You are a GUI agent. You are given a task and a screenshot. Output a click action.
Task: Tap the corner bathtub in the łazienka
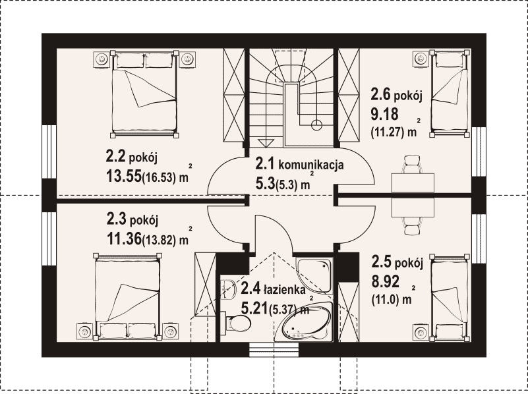304,322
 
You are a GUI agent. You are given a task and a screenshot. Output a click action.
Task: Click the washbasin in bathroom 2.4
229,289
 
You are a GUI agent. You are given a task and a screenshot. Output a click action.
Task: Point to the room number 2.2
115,156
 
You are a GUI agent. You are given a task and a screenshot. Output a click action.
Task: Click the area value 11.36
124,239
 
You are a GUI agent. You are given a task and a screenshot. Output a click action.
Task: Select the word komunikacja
311,165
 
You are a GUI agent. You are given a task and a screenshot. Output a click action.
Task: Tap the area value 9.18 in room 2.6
384,114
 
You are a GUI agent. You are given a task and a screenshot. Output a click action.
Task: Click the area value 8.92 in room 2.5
386,281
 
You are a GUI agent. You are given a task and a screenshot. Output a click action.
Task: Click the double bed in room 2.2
144,94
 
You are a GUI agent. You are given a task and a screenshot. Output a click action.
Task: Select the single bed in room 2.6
449,93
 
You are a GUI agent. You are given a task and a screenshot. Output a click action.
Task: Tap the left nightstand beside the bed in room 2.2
101,59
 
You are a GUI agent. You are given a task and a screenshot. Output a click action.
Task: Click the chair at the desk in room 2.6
413,164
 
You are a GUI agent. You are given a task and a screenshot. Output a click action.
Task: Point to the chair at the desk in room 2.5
413,226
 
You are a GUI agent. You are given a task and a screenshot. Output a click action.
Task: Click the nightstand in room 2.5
421,333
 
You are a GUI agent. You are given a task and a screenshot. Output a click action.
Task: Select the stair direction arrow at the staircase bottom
266,143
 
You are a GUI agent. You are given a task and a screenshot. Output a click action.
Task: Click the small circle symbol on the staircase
316,125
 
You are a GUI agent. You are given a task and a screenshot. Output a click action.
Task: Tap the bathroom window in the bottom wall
274,350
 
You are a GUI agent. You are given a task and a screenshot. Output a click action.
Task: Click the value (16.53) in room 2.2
159,178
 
